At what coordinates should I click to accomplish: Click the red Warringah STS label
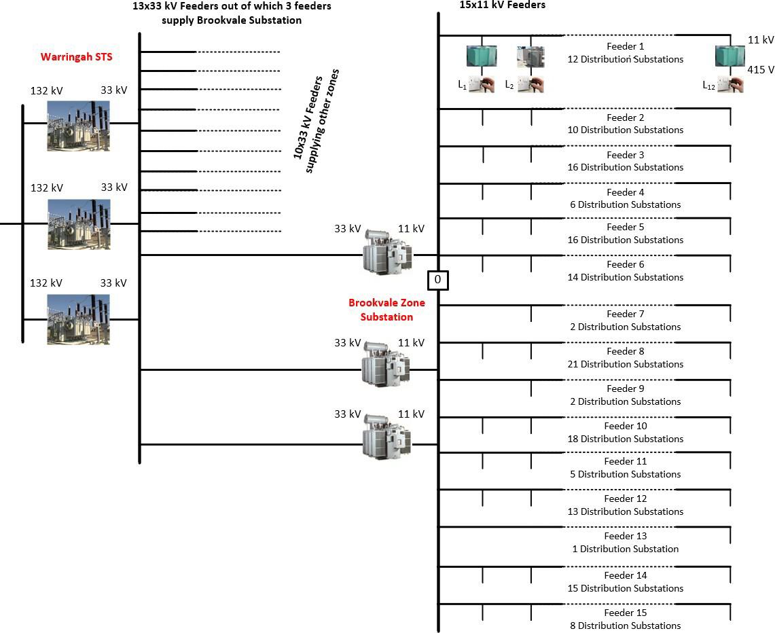click(77, 56)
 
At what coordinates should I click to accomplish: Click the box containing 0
click(437, 279)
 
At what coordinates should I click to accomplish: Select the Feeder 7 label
click(625, 314)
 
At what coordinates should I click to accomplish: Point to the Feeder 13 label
click(625, 537)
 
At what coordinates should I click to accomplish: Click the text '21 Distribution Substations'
click(625, 364)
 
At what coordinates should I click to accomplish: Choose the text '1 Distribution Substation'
click(625, 549)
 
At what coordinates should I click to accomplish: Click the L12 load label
click(709, 86)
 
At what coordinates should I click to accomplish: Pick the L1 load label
click(462, 86)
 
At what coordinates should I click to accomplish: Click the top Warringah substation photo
click(78, 126)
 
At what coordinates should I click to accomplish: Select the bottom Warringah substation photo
click(78, 319)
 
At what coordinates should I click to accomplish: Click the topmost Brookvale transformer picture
click(386, 251)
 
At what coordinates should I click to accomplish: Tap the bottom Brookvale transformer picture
click(386, 437)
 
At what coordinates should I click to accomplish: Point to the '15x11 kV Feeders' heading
click(502, 5)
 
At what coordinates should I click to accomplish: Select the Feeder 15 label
click(625, 613)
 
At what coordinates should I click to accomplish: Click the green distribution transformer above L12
click(729, 56)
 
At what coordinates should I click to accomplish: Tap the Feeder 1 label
click(625, 47)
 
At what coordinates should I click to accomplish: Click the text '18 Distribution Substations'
click(625, 439)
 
